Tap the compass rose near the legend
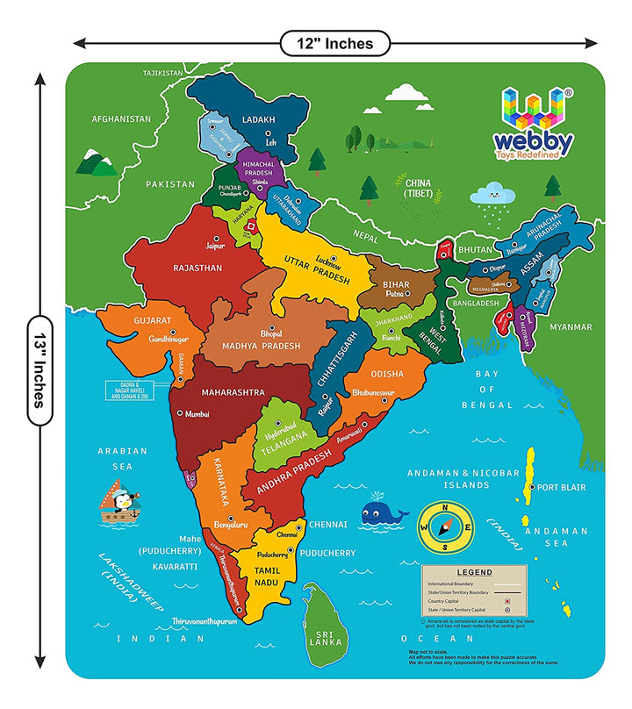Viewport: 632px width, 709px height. pyautogui.click(x=445, y=526)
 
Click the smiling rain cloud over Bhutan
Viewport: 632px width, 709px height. pyautogui.click(x=493, y=195)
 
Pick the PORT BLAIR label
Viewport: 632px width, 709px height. pyautogui.click(x=562, y=487)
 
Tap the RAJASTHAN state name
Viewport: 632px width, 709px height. pyautogui.click(x=197, y=268)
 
